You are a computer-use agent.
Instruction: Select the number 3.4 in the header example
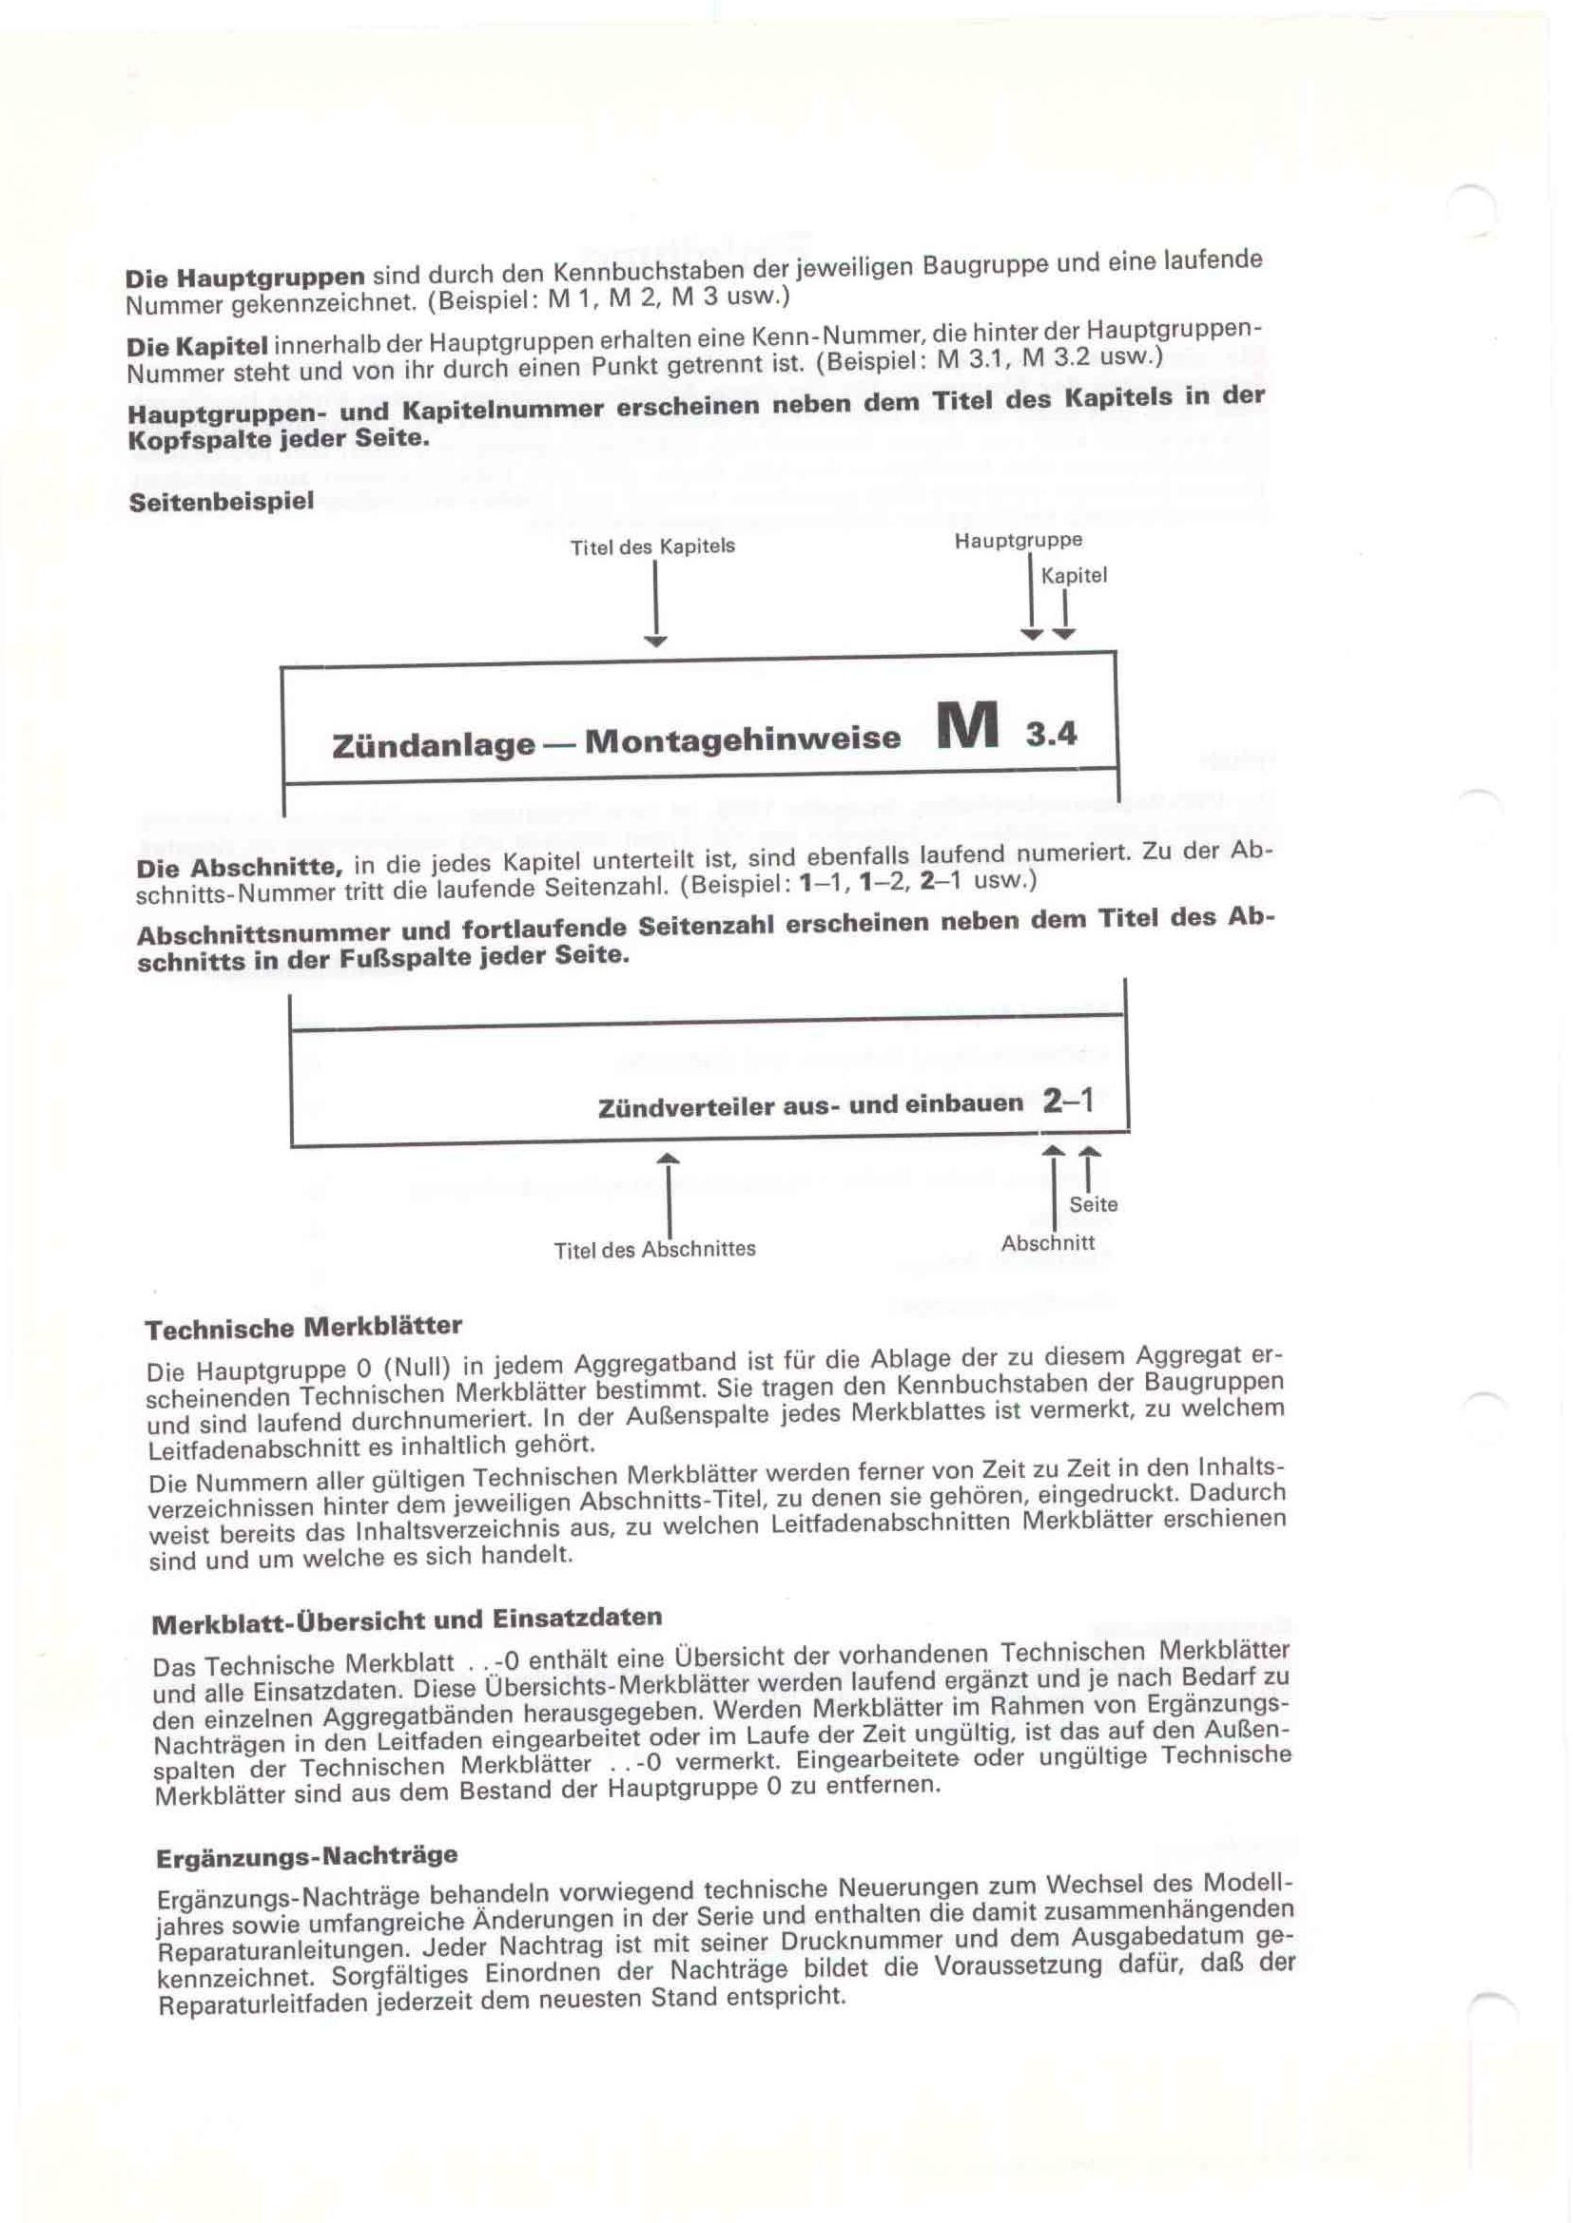pos(1051,735)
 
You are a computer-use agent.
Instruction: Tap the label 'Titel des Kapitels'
pos(651,547)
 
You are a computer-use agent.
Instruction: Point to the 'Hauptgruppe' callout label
pos(1018,540)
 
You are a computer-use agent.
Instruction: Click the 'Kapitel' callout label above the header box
pos(1073,576)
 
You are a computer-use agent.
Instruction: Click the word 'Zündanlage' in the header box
pos(433,744)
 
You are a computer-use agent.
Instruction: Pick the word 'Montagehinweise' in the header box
pos(742,739)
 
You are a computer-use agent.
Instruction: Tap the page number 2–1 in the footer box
pos(1068,1101)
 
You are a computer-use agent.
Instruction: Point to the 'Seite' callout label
pos(1094,1204)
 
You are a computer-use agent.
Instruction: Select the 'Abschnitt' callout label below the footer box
pos(1047,1243)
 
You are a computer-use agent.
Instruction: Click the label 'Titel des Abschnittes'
pos(654,1249)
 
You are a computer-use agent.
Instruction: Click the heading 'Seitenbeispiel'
pos(221,503)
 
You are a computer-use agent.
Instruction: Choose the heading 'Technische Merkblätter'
pos(303,1328)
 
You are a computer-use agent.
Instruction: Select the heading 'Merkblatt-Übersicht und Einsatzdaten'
pos(407,1620)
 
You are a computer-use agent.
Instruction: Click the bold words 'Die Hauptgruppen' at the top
pos(245,278)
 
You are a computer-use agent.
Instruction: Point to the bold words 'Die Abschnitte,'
pos(242,867)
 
